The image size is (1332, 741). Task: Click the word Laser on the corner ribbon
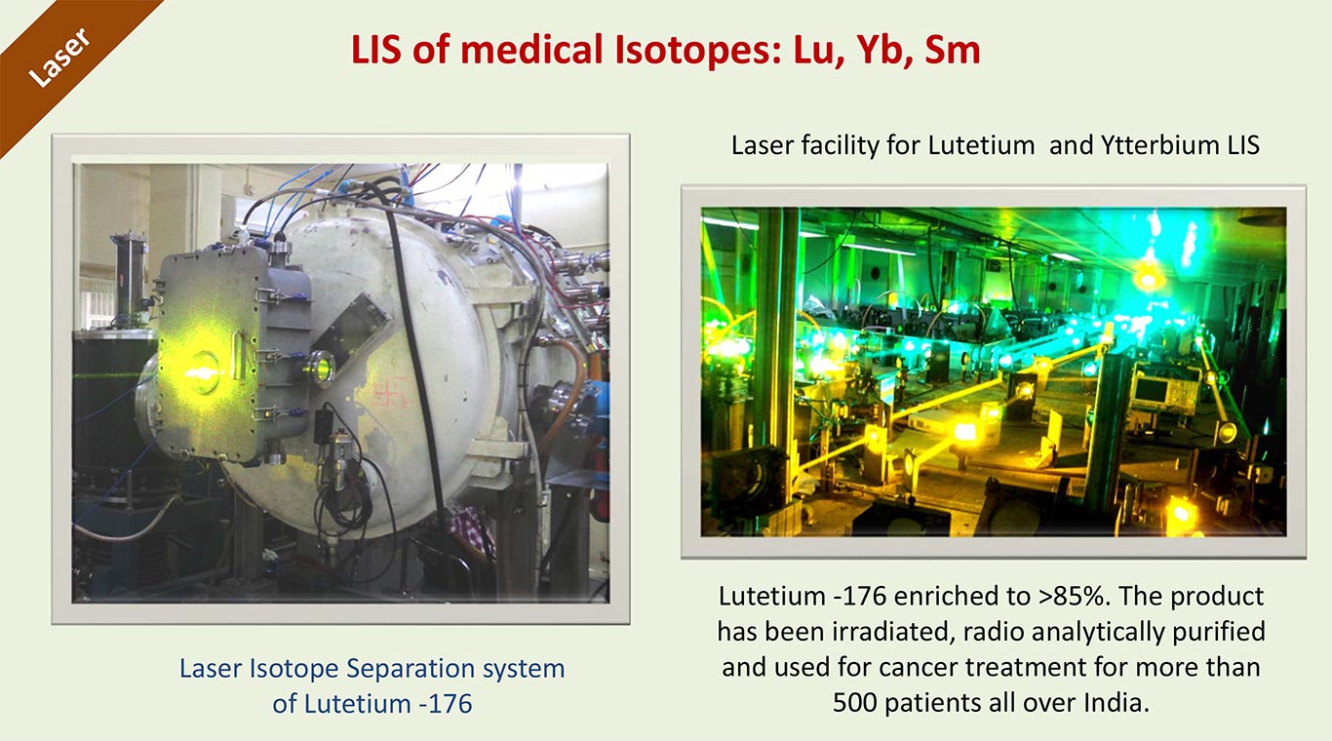click(59, 58)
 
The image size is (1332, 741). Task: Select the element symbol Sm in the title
click(953, 50)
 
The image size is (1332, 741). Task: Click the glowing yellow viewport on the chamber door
click(203, 372)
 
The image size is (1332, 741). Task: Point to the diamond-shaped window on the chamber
click(351, 329)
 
